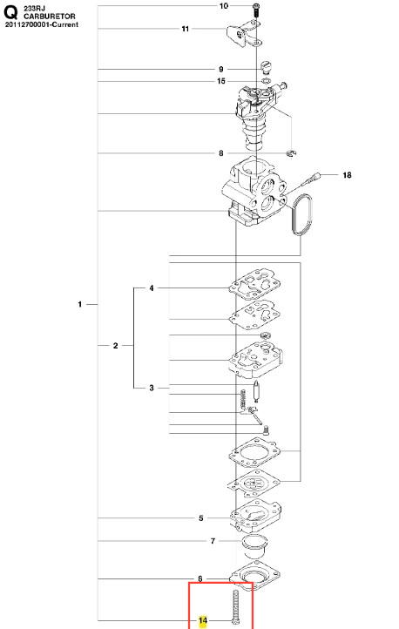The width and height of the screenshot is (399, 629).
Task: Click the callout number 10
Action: tap(224, 6)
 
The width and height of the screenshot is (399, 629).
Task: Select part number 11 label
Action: tap(186, 29)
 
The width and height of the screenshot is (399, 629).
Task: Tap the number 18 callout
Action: tap(347, 175)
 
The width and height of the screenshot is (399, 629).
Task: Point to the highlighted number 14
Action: tap(203, 620)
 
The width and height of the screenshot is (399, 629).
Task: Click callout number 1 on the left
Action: tap(80, 304)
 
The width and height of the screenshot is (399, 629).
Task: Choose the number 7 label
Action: tap(213, 541)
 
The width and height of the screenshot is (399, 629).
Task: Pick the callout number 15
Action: tap(221, 81)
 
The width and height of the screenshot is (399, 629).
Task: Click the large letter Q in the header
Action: tap(10, 12)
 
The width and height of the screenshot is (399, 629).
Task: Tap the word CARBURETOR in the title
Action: tap(50, 17)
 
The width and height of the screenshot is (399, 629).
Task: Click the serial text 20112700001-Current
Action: tap(41, 24)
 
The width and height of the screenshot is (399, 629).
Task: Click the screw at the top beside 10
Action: tap(256, 10)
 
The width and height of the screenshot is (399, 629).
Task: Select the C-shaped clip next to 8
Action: tap(291, 152)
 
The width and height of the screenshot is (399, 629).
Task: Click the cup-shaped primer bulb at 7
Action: tap(254, 546)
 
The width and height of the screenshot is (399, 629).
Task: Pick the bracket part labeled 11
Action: tap(244, 37)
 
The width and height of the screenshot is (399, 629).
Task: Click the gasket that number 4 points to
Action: tap(254, 284)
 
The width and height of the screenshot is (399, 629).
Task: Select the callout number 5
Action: tap(201, 518)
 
